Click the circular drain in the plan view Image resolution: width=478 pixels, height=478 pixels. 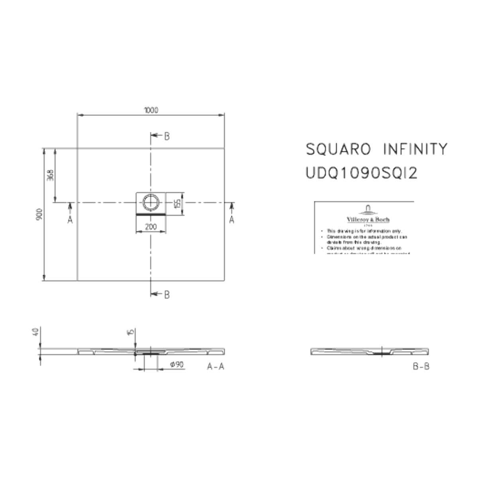[151, 202]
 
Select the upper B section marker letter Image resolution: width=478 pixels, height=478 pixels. [167, 136]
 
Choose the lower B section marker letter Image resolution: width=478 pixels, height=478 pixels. [167, 294]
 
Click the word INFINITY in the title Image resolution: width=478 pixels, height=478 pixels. [415, 149]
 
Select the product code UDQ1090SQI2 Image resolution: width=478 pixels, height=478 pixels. [361, 173]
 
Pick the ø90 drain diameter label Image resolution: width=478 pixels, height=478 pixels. [176, 365]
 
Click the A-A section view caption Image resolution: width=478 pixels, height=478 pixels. [216, 366]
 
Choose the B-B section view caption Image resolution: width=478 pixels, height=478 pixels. [421, 366]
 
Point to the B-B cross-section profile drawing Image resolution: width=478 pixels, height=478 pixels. [370, 352]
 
